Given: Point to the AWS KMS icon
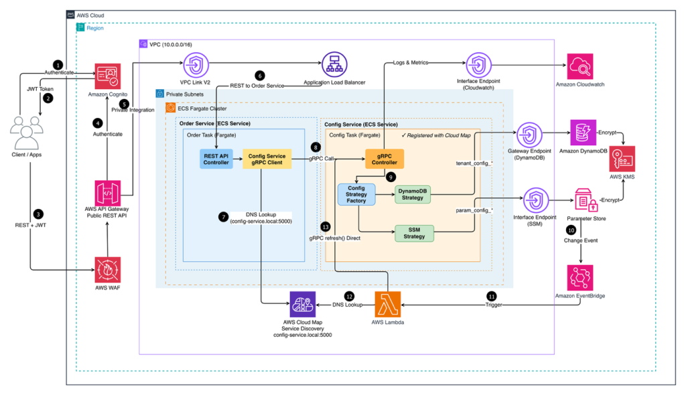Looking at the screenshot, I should tap(622, 157).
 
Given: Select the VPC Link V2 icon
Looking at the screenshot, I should tap(196, 66).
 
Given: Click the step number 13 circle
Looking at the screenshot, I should tap(326, 227).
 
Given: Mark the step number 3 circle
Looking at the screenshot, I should tap(39, 214).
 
